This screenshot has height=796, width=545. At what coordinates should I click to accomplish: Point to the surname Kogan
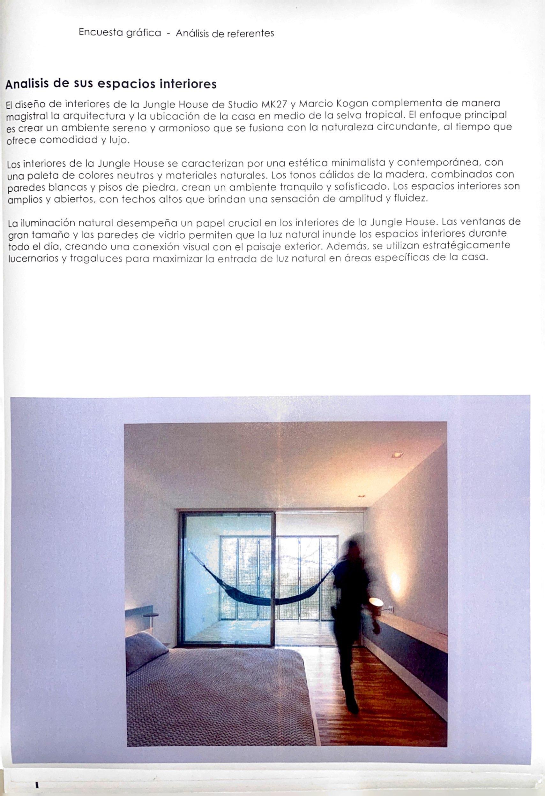click(x=354, y=103)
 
